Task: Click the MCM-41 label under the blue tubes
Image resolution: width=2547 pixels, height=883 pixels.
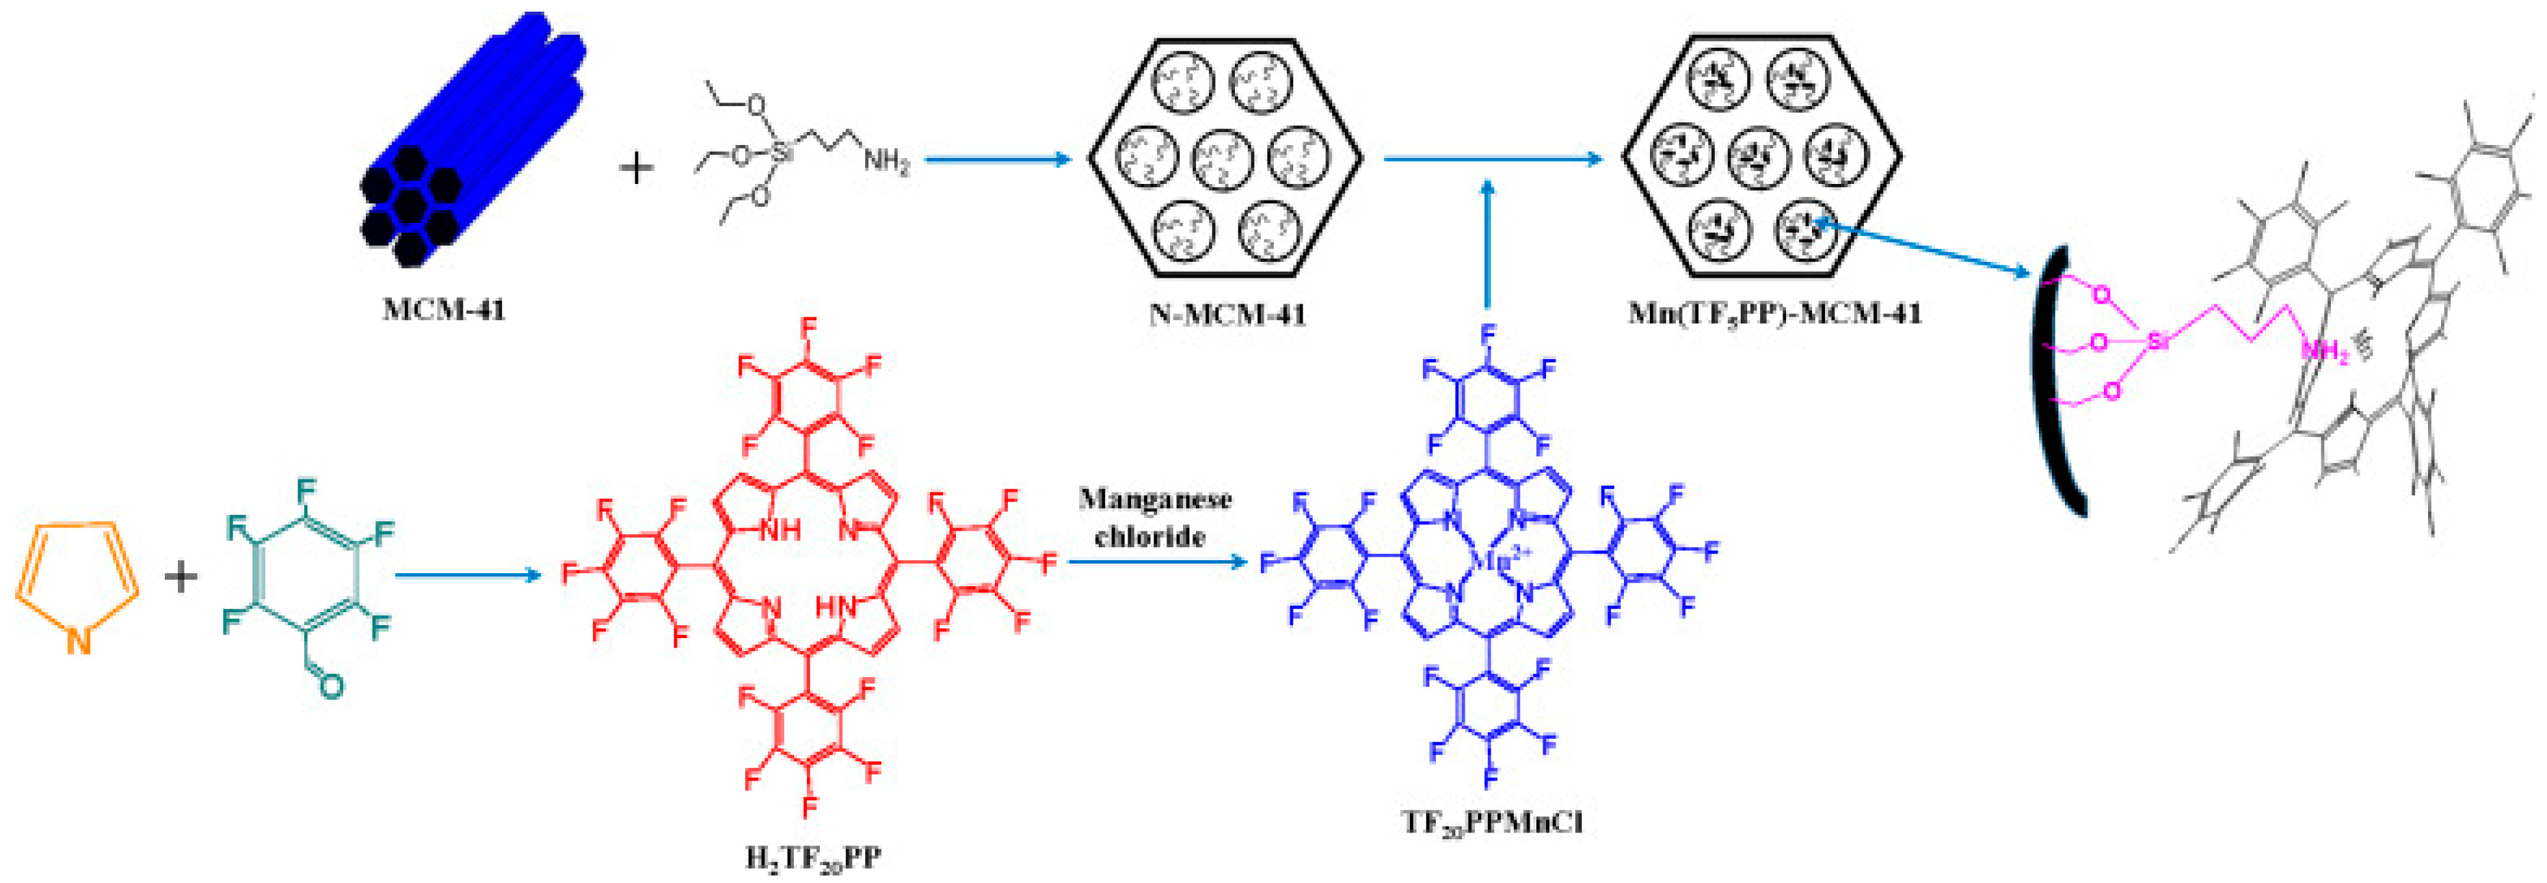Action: pos(444,311)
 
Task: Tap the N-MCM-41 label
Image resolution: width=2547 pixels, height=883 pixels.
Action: pos(1227,315)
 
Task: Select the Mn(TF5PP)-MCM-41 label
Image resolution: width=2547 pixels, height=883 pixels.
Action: pos(1775,315)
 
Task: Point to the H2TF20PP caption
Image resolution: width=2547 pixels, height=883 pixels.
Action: pos(813,857)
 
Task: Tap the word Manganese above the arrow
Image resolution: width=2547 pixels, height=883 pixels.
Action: pos(1155,499)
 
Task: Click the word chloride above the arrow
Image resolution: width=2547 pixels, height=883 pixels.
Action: pos(1150,537)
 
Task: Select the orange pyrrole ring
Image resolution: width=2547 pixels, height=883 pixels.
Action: pos(77,583)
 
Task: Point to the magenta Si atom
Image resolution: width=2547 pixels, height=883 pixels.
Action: pos(2159,342)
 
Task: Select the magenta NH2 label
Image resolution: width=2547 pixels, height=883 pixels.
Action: pos(2323,351)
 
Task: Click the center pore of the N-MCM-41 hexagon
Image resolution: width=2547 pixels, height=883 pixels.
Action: pos(1224,158)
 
